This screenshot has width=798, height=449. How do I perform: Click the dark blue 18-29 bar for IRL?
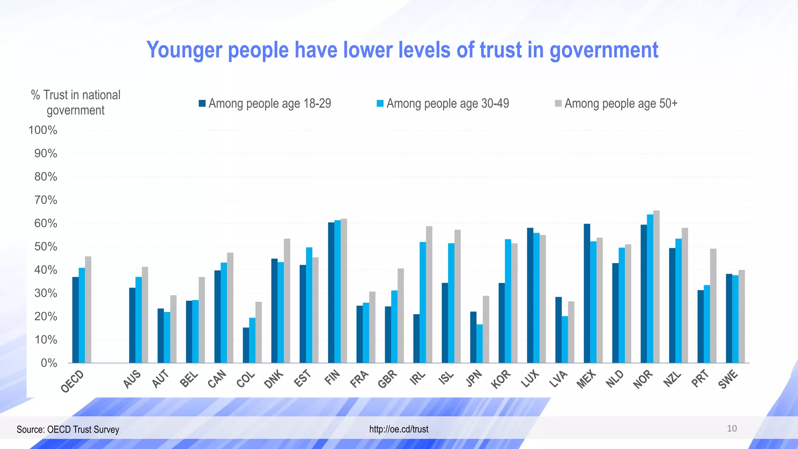[x=417, y=338]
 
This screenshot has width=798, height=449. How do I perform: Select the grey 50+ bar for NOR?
[x=657, y=286]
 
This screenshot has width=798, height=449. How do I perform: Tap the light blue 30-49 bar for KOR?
[x=508, y=301]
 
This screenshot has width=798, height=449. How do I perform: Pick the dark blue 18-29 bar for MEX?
[x=587, y=293]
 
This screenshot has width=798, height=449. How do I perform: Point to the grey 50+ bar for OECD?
[x=88, y=309]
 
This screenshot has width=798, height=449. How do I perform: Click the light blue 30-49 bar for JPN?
[x=480, y=343]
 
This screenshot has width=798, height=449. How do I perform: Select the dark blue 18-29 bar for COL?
[x=246, y=345]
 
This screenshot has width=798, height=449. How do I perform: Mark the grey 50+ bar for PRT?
[x=713, y=306]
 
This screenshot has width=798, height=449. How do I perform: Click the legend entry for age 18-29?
[x=265, y=104]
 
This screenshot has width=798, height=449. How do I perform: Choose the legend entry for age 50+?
[x=616, y=104]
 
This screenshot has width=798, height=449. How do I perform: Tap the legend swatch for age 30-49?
[x=380, y=104]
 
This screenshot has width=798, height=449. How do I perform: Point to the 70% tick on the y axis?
[x=46, y=200]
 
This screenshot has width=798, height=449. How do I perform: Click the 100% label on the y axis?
[x=43, y=130]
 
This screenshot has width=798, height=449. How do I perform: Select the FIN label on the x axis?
[x=332, y=378]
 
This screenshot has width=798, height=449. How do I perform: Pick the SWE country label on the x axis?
[x=728, y=379]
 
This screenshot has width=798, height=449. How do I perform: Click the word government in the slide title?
[x=604, y=50]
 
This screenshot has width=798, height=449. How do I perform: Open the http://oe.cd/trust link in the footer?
[x=399, y=429]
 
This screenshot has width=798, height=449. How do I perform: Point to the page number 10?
[x=732, y=429]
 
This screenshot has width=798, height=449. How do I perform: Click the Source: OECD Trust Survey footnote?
[x=68, y=430]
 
